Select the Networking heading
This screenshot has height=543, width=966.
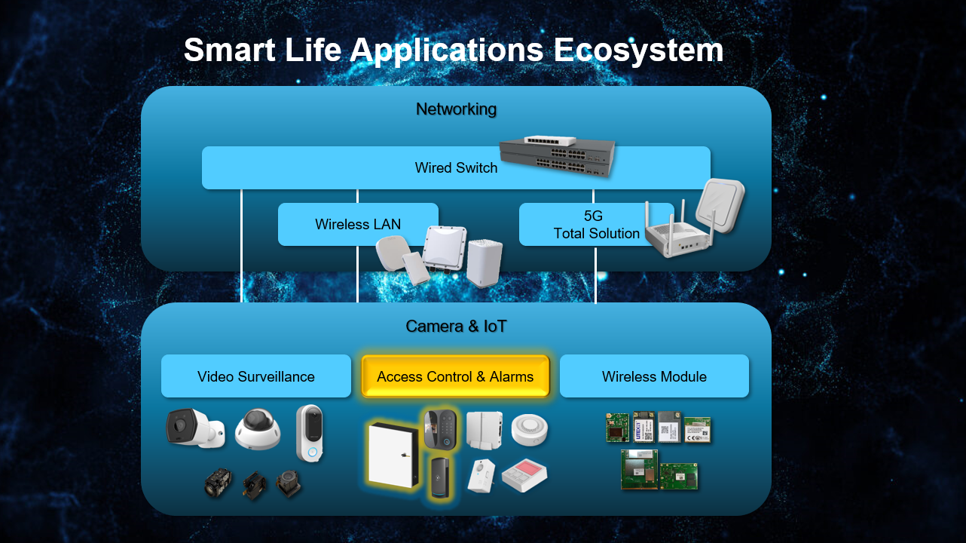coord(457,109)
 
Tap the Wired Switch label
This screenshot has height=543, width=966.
coord(457,167)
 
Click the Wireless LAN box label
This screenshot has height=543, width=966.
coord(358,224)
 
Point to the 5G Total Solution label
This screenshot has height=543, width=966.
coord(596,225)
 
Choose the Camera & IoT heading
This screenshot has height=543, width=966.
coord(457,327)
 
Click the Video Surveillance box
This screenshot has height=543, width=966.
coord(256,376)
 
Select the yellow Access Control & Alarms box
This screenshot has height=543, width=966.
coord(455,376)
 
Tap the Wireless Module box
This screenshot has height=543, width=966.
coord(654,376)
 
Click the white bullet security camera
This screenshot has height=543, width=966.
coord(195,428)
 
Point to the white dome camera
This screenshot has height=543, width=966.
coord(258,429)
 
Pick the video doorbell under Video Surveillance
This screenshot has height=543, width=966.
coord(310,433)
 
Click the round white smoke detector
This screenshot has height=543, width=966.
coord(530,429)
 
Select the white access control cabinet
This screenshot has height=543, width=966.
coord(393,456)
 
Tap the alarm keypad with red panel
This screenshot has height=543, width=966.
coord(524,475)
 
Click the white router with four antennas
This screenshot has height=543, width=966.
coord(679,233)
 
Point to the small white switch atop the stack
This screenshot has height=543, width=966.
coord(550,141)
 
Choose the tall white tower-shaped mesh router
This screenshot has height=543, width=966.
coord(485,263)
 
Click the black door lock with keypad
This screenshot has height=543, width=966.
coord(440,430)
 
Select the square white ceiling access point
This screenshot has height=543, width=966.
coord(720,205)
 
